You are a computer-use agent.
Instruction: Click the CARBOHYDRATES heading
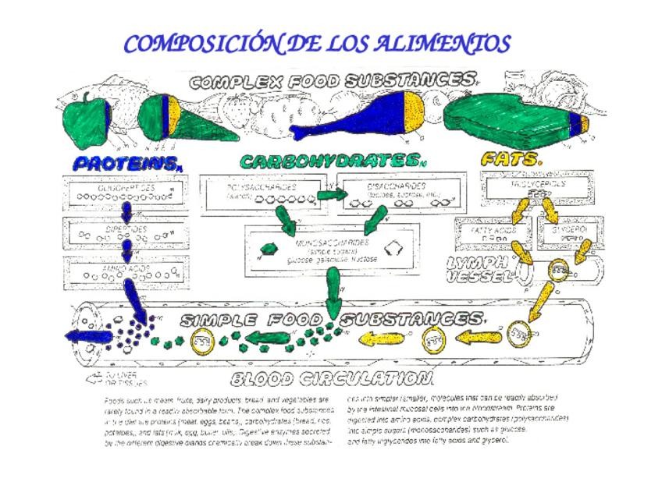click(x=329, y=161)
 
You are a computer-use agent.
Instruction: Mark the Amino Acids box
click(x=125, y=273)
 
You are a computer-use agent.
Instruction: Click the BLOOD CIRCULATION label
click(x=331, y=380)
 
